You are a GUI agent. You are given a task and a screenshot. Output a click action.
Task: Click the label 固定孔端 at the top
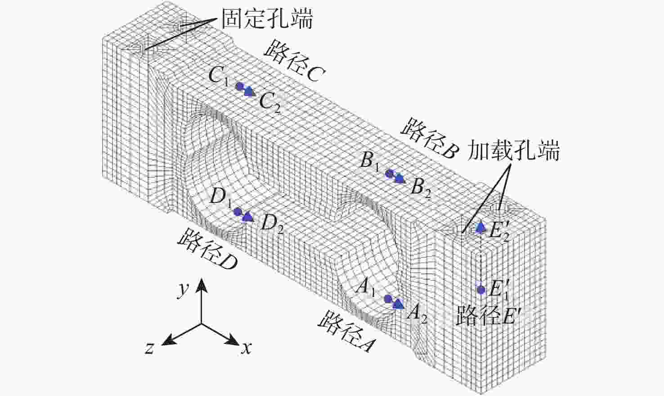[x=267, y=18]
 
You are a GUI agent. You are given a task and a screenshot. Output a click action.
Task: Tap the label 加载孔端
[x=514, y=151]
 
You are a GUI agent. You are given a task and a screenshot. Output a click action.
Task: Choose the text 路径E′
[x=489, y=315]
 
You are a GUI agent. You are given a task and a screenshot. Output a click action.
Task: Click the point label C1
[x=219, y=76]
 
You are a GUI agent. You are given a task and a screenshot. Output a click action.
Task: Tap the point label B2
[x=421, y=188]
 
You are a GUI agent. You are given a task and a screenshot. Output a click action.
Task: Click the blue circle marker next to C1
[x=240, y=86]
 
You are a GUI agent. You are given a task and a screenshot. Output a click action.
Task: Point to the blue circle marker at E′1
[x=481, y=290]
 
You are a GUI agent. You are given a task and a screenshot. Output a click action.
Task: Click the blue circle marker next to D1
[x=238, y=211]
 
